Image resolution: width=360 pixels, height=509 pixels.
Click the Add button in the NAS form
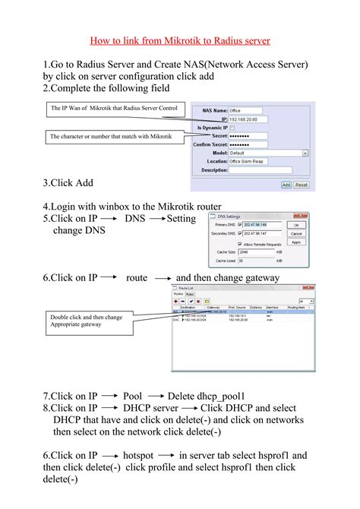click(286, 185)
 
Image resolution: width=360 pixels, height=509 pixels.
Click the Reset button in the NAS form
click(302, 185)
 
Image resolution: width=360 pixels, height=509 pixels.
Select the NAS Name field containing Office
click(246, 111)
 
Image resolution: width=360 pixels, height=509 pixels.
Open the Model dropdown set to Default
click(268, 153)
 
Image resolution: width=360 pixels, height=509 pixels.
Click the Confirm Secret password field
click(250, 144)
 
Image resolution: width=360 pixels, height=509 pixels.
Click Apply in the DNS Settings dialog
click(297, 242)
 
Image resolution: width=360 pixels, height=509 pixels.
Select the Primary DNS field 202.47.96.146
click(261, 225)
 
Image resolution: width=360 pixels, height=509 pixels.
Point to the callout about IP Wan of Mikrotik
click(114, 109)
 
